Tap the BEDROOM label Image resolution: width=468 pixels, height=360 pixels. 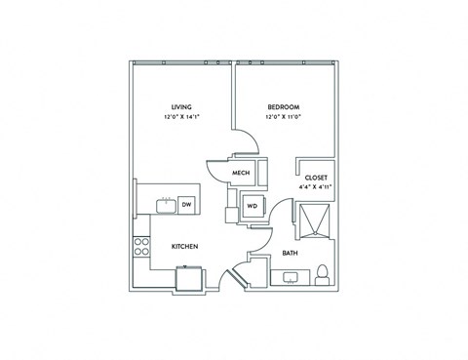pyautogui.click(x=282, y=106)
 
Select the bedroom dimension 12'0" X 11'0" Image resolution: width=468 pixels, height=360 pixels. pyautogui.click(x=282, y=117)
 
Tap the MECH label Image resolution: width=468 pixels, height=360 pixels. pyautogui.click(x=243, y=174)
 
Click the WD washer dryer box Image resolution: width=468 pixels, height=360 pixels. pyautogui.click(x=251, y=206)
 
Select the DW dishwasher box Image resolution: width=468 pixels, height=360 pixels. pyautogui.click(x=185, y=204)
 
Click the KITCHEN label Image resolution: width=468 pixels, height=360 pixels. pyautogui.click(x=185, y=247)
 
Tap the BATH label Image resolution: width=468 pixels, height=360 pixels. pyautogui.click(x=290, y=254)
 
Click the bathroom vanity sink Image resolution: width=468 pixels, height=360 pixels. pyautogui.click(x=291, y=277)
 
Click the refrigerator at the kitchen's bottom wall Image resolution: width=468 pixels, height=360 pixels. pyautogui.click(x=189, y=279)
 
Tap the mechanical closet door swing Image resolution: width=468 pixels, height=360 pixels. pyautogui.click(x=215, y=175)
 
